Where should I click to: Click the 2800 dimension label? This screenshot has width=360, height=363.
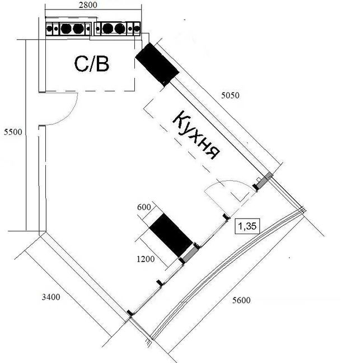coord(88,5)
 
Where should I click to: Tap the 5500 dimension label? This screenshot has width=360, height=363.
coord(13,132)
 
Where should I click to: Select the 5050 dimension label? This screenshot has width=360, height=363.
coord(230,95)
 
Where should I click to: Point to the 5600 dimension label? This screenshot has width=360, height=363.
coord(241,300)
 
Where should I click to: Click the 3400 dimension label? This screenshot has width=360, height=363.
coord(51,297)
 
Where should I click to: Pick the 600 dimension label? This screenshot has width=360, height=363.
coord(144,207)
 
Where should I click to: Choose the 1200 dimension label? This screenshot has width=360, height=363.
coord(146,259)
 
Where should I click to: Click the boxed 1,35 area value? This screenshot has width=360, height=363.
coord(247,226)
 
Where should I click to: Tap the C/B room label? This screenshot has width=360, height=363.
coord(92,64)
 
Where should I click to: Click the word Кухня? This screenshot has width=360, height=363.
coord(196,136)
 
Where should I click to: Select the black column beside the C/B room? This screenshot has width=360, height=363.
coord(157,64)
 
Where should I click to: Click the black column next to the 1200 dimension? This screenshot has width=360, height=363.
coord(171,235)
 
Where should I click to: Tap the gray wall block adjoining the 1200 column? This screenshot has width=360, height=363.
coord(190,254)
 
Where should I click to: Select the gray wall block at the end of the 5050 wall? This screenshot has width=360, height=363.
coord(264,180)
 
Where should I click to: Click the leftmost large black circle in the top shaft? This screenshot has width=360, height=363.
coord(66,29)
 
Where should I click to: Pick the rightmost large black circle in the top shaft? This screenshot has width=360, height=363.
coord(120,29)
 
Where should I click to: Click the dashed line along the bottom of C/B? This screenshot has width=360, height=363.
coord(90,91)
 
